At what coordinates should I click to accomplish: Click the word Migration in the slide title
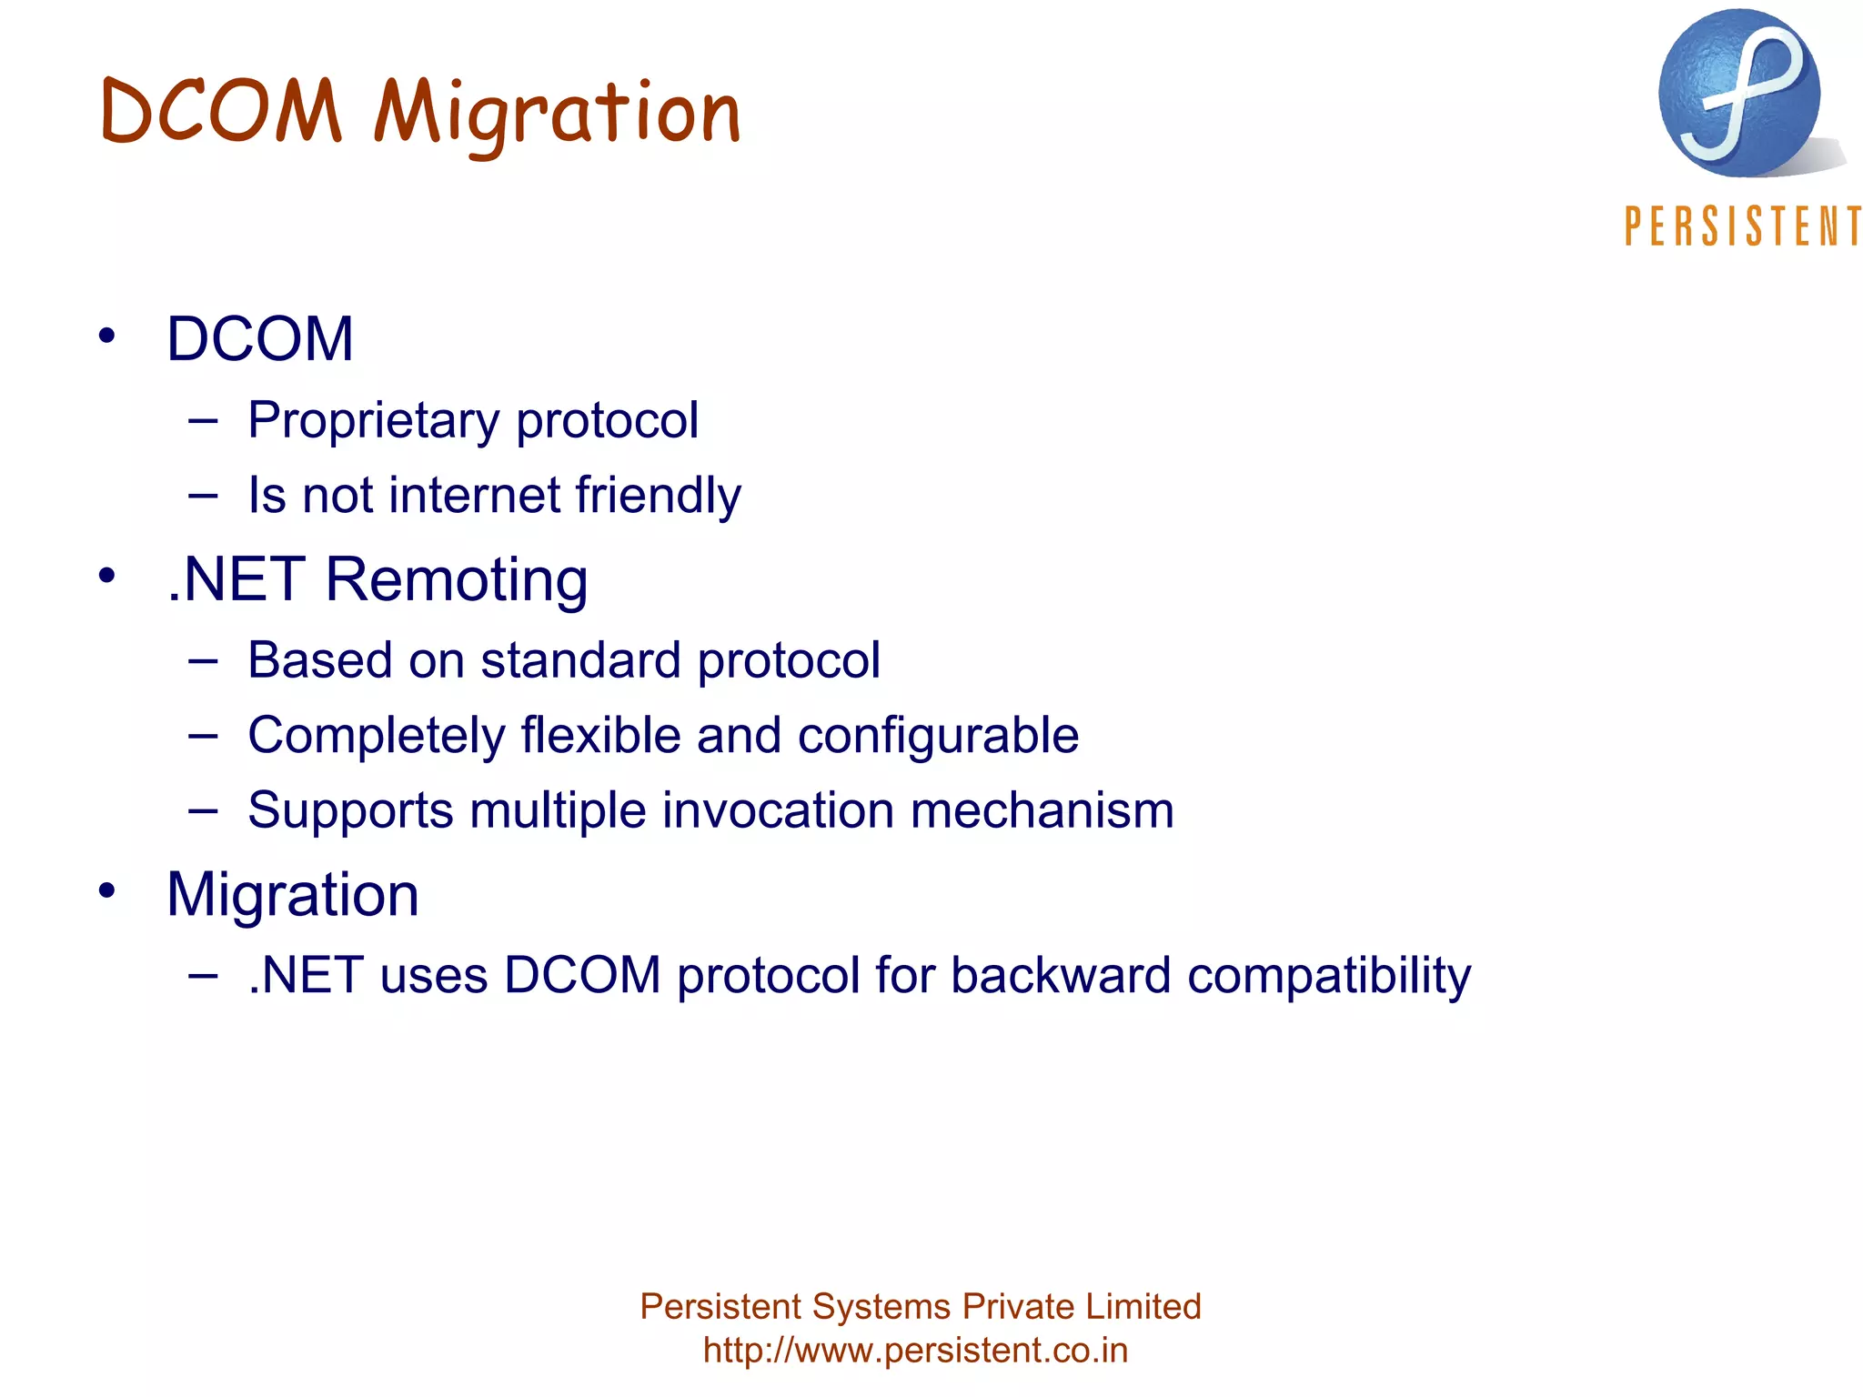click(557, 113)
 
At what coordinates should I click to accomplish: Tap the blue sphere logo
click(1738, 94)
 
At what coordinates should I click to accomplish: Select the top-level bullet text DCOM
click(259, 338)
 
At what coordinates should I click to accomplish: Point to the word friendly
click(658, 496)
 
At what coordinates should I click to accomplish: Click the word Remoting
click(457, 578)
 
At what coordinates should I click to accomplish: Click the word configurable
click(938, 735)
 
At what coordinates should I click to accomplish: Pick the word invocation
click(778, 809)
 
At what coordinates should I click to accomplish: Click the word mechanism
click(1042, 809)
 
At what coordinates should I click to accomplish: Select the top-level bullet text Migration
click(292, 894)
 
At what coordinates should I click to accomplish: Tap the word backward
click(1061, 975)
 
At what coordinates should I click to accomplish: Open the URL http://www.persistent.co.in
click(915, 1350)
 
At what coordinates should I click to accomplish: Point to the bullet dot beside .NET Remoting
click(107, 575)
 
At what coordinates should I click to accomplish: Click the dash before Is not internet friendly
click(203, 496)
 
